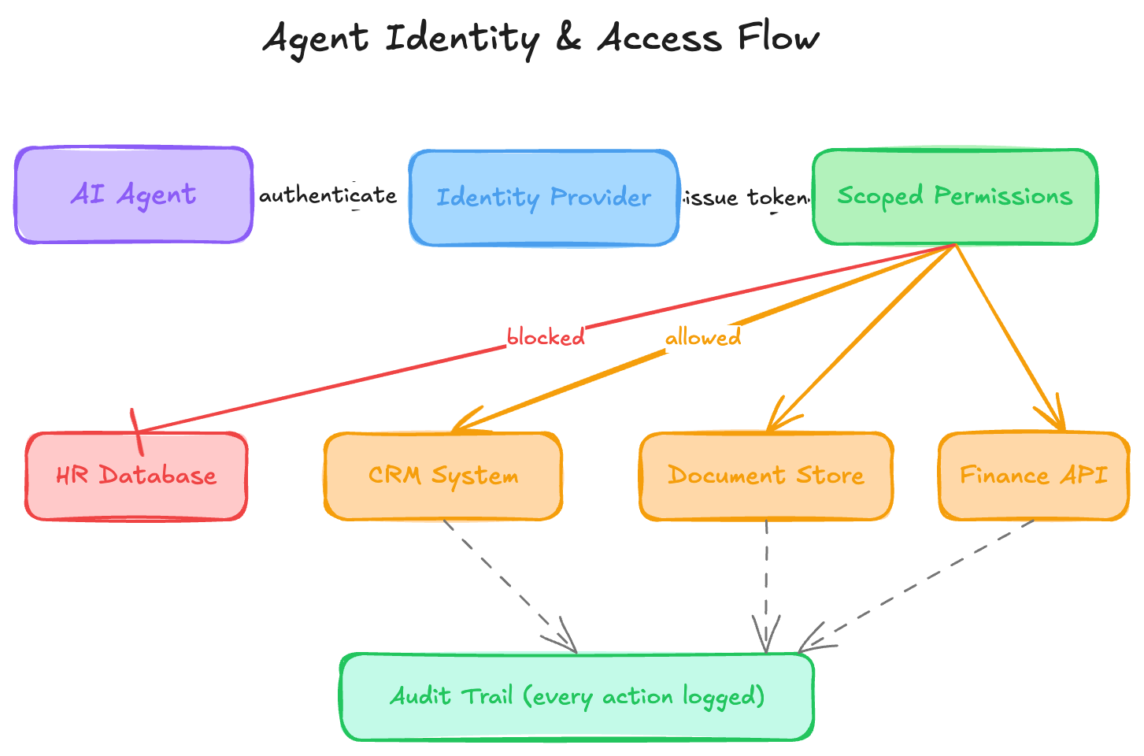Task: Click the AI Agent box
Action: (x=134, y=195)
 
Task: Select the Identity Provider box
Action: (x=543, y=198)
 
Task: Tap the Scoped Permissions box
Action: (x=954, y=197)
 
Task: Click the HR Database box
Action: (x=136, y=476)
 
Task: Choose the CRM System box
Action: (x=443, y=476)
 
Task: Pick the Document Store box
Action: (x=766, y=476)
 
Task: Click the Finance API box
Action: (x=1034, y=476)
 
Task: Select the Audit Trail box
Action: (x=577, y=697)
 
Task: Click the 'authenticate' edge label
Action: (x=328, y=195)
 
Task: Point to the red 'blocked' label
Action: (x=546, y=337)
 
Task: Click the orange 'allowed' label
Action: (x=703, y=338)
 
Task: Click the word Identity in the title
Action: (x=462, y=39)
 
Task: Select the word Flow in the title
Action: (x=779, y=37)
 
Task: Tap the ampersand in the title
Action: (x=568, y=39)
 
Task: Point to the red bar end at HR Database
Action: (x=137, y=432)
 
